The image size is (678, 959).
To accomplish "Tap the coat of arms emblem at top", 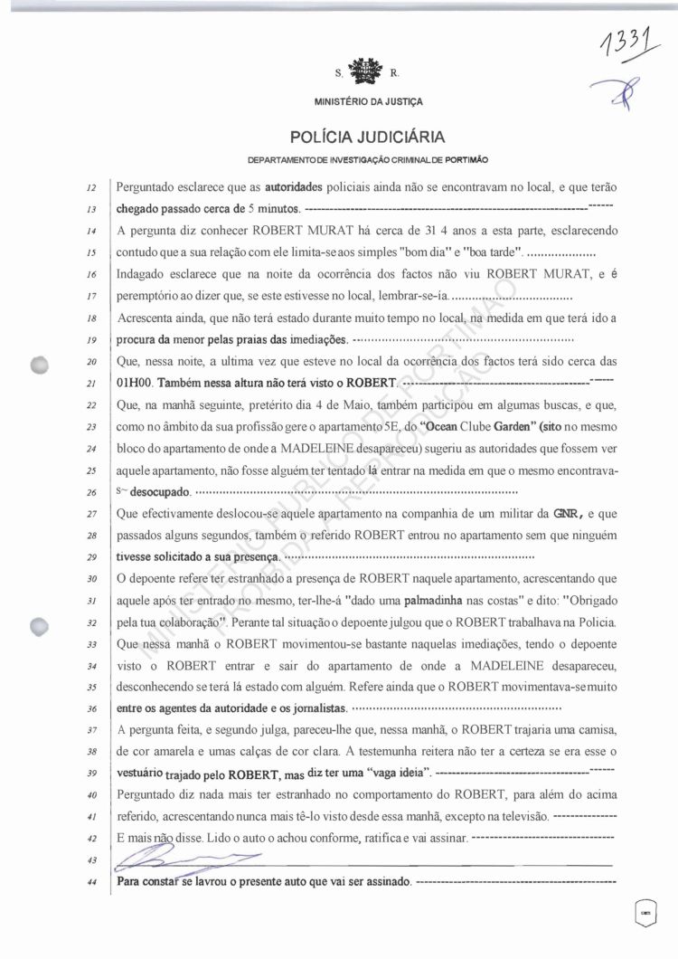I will [361, 71].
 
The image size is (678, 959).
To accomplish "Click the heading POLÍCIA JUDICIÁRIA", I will [368, 138].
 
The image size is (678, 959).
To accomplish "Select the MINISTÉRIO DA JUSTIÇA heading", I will [368, 102].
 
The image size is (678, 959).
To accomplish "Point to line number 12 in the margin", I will [91, 188].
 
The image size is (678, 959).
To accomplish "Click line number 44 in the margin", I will [91, 880].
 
